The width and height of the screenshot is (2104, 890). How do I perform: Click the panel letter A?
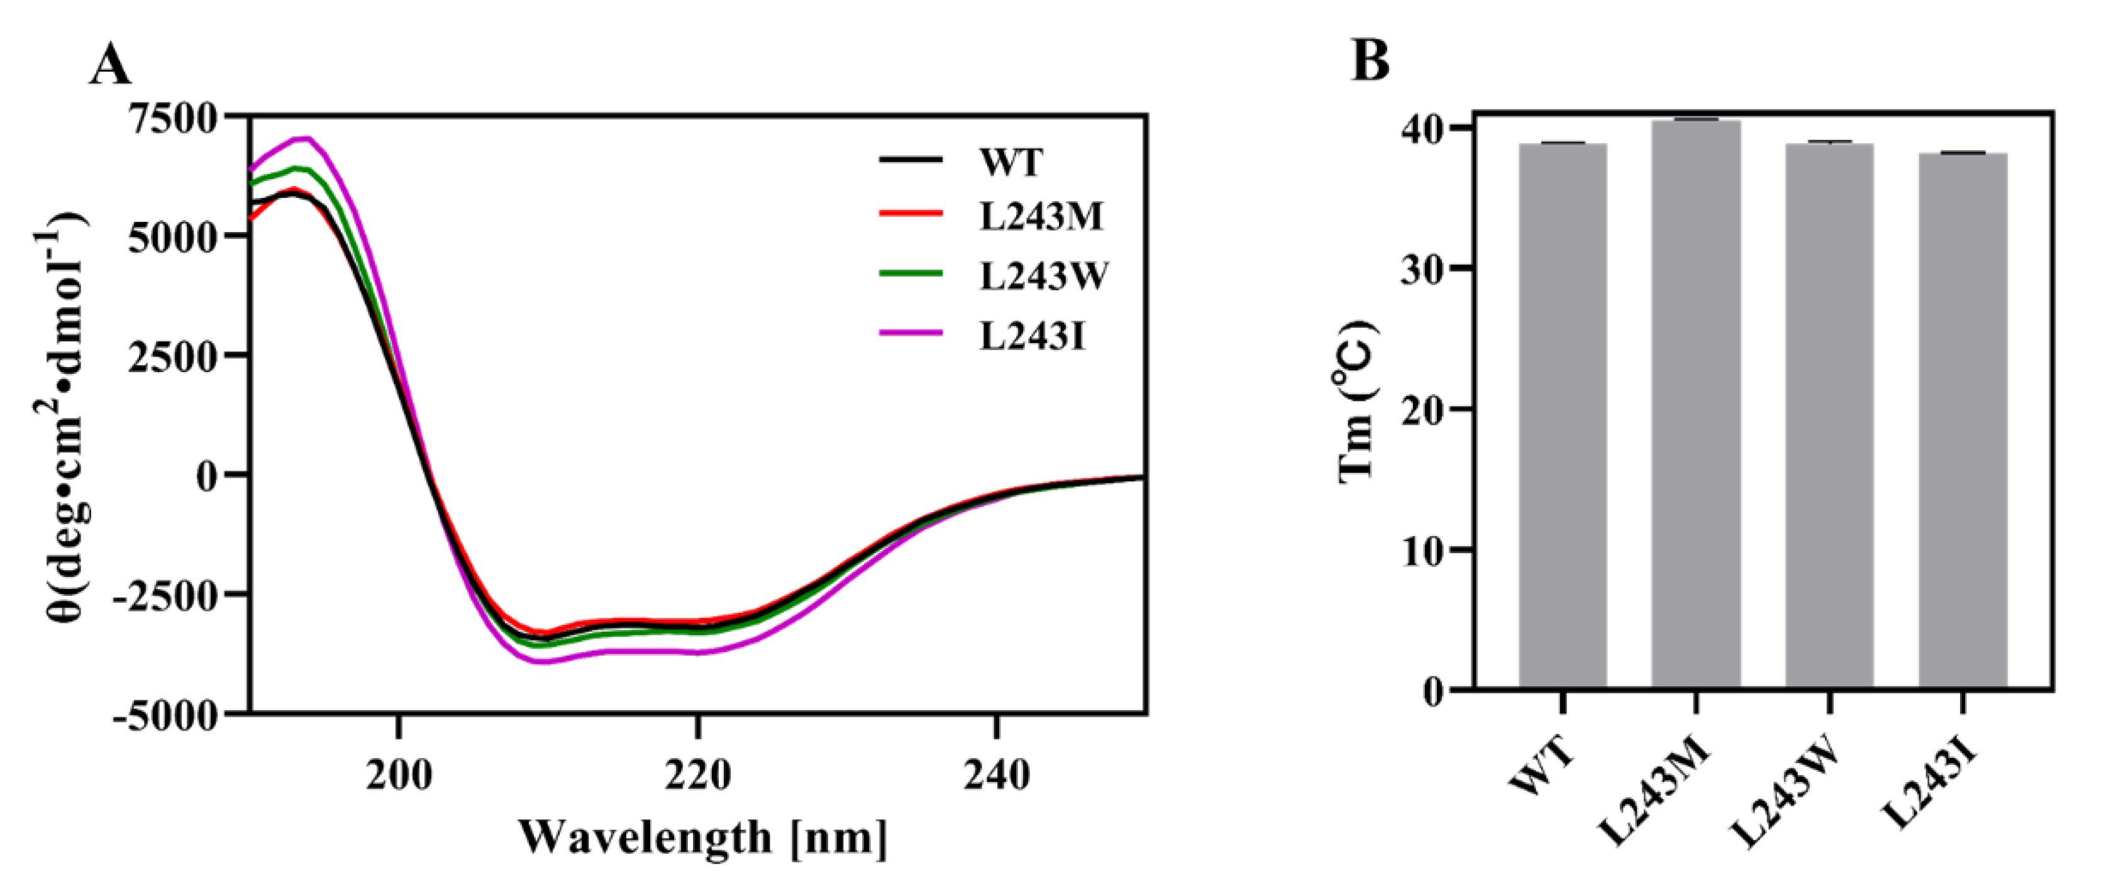(x=110, y=65)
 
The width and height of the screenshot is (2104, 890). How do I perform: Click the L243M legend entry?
(x=1041, y=216)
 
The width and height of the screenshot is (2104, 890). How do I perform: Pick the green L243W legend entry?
(x=1044, y=276)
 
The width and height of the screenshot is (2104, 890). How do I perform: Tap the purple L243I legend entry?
(x=1033, y=336)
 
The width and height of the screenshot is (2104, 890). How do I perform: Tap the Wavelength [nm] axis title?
(x=703, y=838)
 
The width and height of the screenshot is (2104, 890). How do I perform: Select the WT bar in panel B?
(x=1563, y=417)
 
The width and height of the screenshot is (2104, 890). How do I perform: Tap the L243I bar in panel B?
(x=1963, y=421)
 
